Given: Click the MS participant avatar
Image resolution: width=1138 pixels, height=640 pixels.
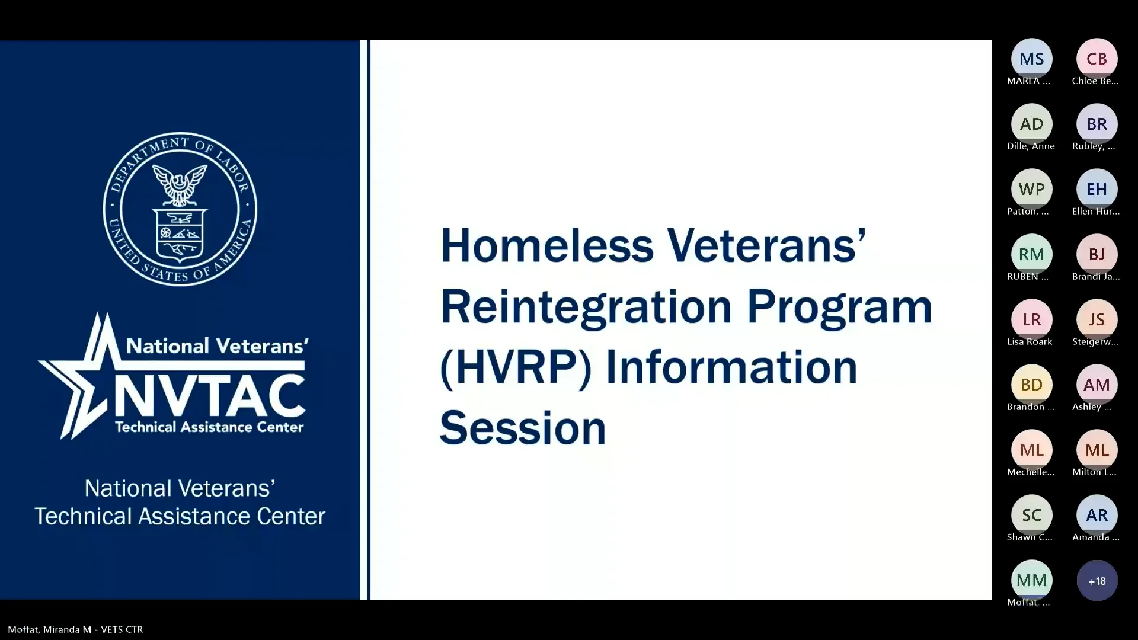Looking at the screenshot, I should (1031, 59).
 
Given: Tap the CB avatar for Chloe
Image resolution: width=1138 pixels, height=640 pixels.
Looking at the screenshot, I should (1097, 59).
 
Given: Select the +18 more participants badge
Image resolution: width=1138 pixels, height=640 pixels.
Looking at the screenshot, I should (1097, 581).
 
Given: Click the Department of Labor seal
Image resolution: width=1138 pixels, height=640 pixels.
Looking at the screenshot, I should (180, 209).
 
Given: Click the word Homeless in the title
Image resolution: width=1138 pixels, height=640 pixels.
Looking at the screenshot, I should (546, 245).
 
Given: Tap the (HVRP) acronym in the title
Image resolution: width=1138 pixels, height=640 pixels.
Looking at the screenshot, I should (515, 367).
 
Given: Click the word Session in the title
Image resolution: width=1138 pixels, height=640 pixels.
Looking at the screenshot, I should (522, 428).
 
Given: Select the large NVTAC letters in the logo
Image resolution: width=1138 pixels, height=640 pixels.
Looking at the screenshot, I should (209, 396).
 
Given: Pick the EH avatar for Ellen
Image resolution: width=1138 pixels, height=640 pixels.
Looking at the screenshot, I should (1097, 189).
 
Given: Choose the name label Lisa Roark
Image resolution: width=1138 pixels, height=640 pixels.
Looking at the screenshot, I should (1030, 341).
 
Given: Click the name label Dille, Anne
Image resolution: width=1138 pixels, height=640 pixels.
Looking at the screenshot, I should (1030, 146).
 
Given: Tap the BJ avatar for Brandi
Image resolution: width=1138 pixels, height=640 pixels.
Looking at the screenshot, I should (1097, 254).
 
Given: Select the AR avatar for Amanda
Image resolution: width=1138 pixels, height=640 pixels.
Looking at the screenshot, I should (1097, 515).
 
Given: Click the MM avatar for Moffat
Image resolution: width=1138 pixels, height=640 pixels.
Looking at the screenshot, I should (1031, 580).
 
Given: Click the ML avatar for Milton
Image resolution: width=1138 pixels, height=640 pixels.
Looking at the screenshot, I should (1097, 450).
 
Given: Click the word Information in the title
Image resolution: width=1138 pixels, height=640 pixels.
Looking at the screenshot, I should (731, 367).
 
